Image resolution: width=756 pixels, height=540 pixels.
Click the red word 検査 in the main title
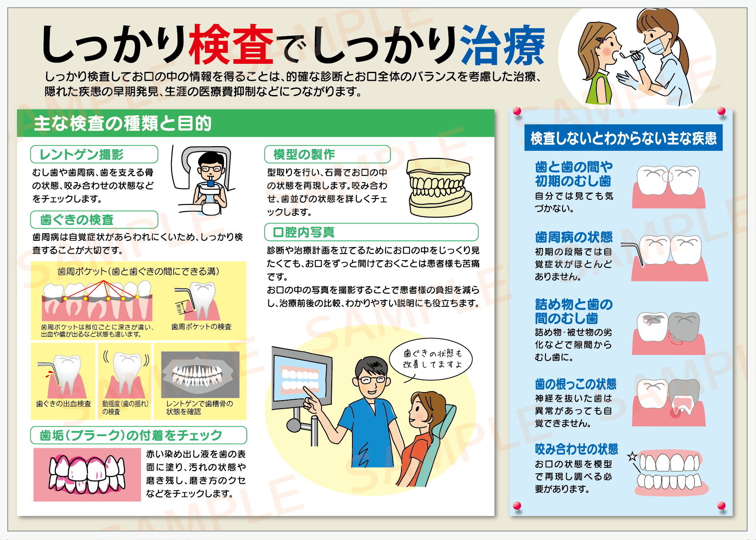(231, 45)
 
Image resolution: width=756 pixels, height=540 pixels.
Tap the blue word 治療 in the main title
(503, 45)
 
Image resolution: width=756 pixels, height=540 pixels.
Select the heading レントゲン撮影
(82, 155)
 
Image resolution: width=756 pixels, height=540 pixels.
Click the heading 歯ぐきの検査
(77, 220)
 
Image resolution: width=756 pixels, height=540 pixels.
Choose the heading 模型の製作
(304, 154)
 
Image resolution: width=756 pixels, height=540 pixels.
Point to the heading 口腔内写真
(304, 232)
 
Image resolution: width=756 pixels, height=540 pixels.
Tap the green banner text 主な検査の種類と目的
(123, 123)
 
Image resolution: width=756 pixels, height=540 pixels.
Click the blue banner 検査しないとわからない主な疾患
(623, 138)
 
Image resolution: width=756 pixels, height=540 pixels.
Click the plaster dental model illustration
(439, 188)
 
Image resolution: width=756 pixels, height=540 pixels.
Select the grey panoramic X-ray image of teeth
(200, 374)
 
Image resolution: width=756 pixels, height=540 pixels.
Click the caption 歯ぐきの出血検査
(64, 404)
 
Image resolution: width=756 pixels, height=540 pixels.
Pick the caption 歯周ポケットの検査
(202, 327)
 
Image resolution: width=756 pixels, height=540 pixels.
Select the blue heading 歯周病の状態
(574, 237)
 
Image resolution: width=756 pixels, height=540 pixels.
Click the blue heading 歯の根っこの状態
(576, 384)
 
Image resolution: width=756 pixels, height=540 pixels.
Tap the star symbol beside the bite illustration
(632, 456)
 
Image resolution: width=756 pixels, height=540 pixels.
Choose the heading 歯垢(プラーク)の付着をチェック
(131, 435)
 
